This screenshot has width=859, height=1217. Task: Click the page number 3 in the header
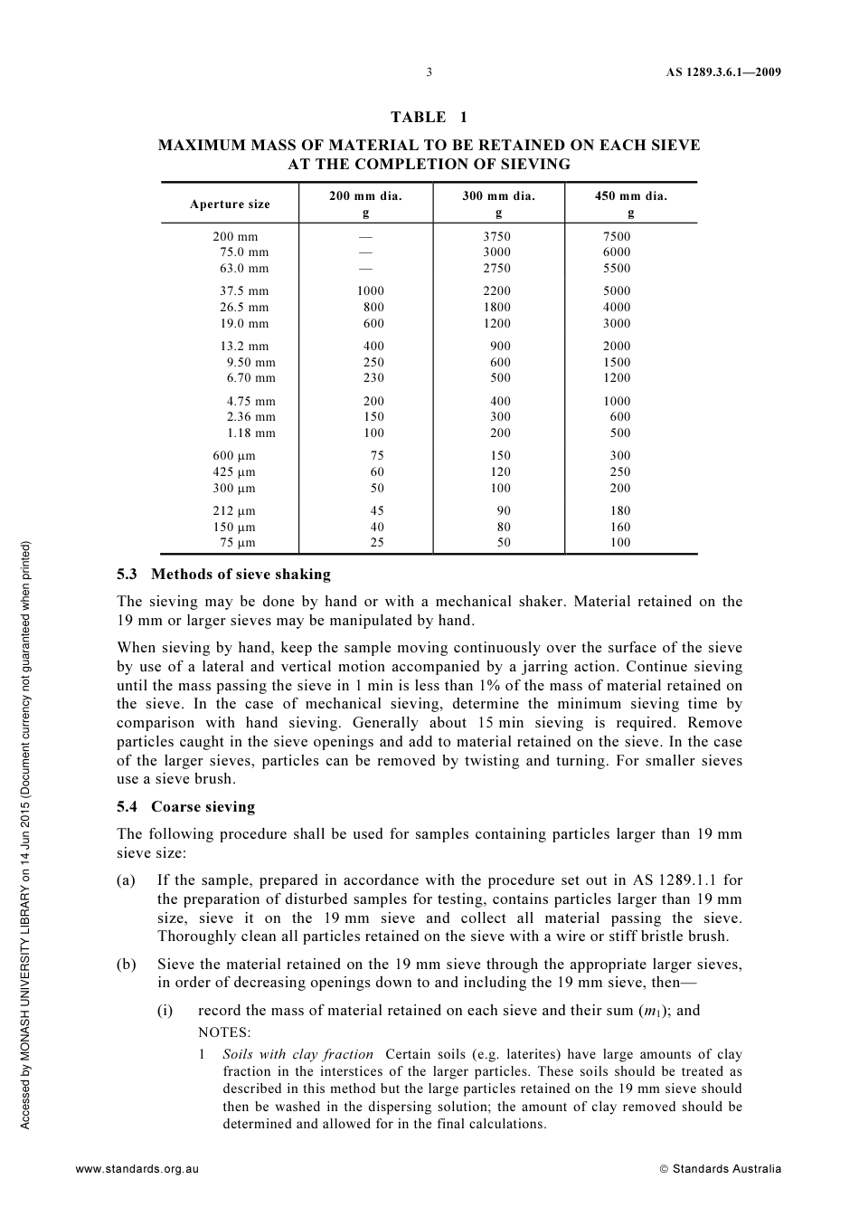(429, 72)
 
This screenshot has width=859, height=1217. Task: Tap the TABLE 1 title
(429, 117)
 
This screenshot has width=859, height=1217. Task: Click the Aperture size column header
(230, 204)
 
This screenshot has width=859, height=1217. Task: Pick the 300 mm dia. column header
(498, 195)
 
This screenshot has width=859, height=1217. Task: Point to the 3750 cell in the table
(496, 236)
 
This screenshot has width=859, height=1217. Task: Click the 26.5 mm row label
(244, 307)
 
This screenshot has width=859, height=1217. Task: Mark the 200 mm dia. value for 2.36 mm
(373, 416)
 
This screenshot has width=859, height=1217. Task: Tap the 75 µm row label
(238, 543)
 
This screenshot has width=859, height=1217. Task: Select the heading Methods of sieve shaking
(241, 574)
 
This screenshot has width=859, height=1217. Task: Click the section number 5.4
(128, 806)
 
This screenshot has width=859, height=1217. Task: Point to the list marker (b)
(126, 964)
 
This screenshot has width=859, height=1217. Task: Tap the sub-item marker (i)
(165, 1010)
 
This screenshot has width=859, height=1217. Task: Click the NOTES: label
(224, 1032)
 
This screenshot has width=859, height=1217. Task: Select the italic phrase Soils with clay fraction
(297, 1054)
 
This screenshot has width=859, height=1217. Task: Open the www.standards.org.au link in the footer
(137, 1168)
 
